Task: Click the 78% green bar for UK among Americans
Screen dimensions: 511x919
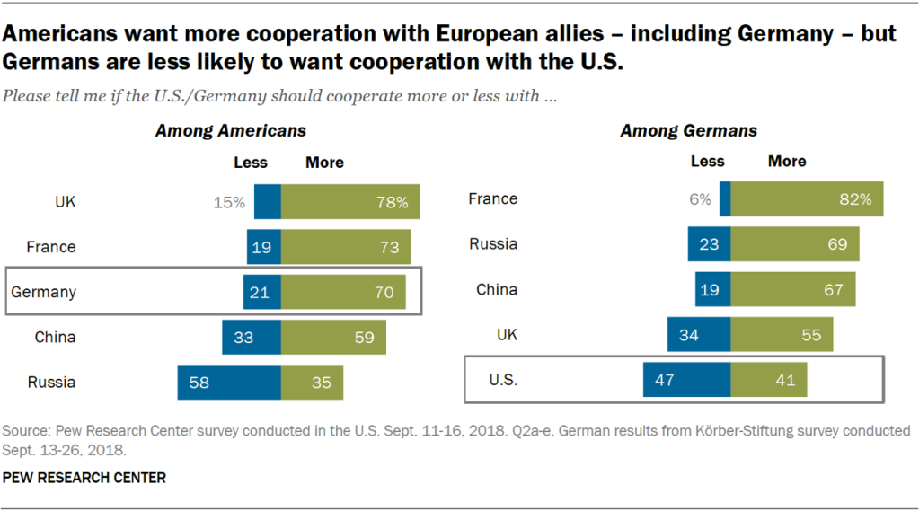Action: point(350,202)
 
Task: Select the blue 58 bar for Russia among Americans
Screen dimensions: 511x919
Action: point(229,382)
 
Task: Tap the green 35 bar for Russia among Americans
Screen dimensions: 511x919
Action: point(312,382)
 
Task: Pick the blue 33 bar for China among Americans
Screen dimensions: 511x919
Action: point(252,338)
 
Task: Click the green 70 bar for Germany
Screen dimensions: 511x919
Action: point(343,292)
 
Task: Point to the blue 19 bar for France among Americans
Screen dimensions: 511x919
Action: point(264,247)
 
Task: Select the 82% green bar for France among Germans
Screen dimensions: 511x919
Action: point(807,198)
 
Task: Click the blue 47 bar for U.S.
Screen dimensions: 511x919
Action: point(687,378)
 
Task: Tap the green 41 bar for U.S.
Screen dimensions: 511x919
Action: point(768,378)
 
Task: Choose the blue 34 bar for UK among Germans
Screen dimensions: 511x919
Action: point(699,334)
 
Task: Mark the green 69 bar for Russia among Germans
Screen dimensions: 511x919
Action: point(794,243)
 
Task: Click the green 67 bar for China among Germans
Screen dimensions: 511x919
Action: point(792,289)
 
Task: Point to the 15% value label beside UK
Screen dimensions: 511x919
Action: point(229,203)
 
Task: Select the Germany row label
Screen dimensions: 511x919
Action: point(43,292)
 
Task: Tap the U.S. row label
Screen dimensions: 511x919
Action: point(502,379)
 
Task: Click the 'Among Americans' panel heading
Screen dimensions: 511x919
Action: point(231,131)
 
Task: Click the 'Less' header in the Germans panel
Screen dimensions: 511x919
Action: point(707,162)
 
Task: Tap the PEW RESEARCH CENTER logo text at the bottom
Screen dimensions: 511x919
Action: point(84,478)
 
